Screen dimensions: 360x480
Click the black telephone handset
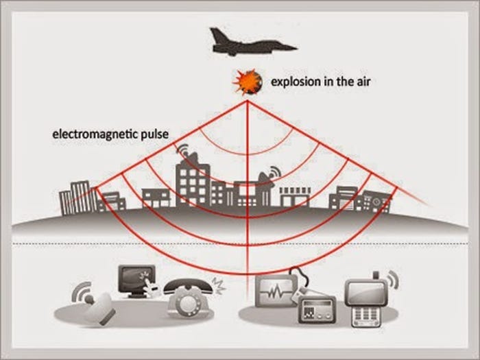[x=185, y=285]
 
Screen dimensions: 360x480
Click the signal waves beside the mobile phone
[x=393, y=280]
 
